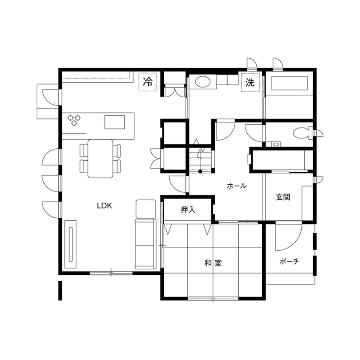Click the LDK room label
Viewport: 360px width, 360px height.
click(x=104, y=206)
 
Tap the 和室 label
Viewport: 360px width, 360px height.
click(x=213, y=263)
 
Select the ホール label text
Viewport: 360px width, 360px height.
click(x=236, y=186)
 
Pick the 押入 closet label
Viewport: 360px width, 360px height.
click(x=188, y=210)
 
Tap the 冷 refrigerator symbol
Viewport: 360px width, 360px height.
click(x=148, y=82)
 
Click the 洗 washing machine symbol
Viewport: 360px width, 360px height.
click(x=250, y=82)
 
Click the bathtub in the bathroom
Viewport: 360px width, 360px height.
click(x=290, y=84)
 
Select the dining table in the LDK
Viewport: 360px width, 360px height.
click(x=101, y=158)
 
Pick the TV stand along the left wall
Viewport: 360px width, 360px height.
click(x=71, y=244)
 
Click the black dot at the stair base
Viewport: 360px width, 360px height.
click(x=200, y=171)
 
